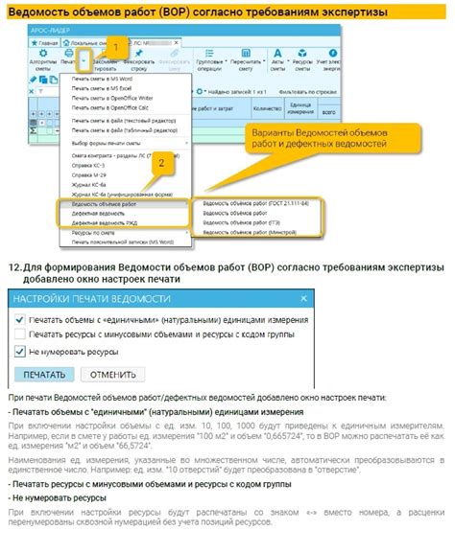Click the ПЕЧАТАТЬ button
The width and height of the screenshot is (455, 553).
(x=43, y=375)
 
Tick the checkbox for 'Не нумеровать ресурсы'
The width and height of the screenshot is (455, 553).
(x=19, y=352)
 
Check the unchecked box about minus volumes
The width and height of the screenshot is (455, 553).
(x=19, y=334)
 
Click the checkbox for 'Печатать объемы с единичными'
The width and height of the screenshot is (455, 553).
(x=19, y=315)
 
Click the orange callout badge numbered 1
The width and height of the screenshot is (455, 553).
(x=116, y=46)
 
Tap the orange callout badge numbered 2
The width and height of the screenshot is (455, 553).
(x=163, y=162)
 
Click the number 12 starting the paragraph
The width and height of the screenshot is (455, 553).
(x=12, y=264)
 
